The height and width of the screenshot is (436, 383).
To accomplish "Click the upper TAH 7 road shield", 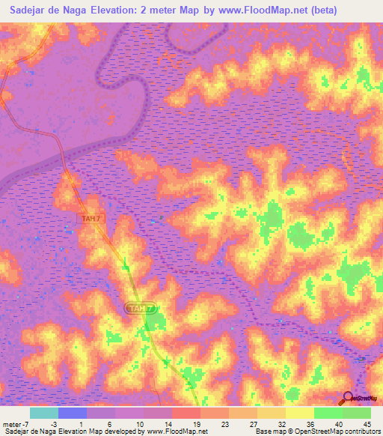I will pyautogui.click(x=90, y=218).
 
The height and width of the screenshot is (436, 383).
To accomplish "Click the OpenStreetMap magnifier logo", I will pyautogui.click(x=349, y=399).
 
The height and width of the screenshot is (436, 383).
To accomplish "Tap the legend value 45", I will pyautogui.click(x=367, y=423).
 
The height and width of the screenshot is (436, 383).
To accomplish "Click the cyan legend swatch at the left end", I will pyautogui.click(x=44, y=413).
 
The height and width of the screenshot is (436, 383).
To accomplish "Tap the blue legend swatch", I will pyautogui.click(x=73, y=413).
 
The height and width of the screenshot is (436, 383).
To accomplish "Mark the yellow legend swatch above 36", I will pyautogui.click(x=300, y=413).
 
